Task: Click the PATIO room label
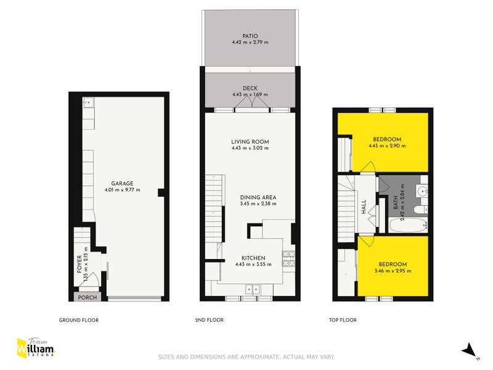[x=250, y=36]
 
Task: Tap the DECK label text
[x=250, y=88]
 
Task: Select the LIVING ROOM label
[x=250, y=142]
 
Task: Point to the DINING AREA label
[x=258, y=197]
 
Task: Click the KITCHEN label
[x=253, y=258]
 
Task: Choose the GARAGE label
[x=122, y=183]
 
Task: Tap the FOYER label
[x=79, y=264]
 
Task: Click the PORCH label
[x=84, y=297]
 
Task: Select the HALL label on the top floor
[x=364, y=205]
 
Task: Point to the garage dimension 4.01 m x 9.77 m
[x=122, y=189]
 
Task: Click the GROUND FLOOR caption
[x=79, y=320]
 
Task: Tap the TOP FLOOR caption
[x=343, y=320]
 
